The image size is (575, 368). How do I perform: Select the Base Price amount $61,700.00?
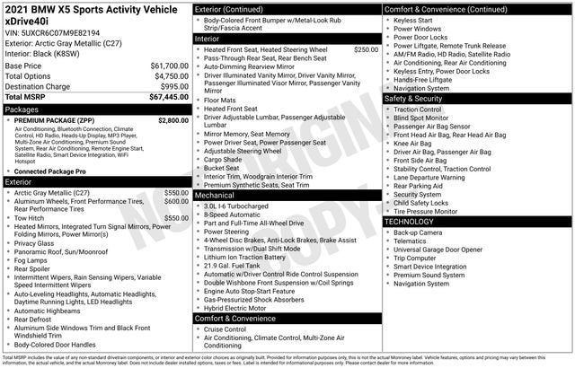tap(169, 66)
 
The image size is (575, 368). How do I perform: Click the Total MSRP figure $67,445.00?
tap(169, 97)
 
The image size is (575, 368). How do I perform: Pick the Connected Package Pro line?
tap(50, 171)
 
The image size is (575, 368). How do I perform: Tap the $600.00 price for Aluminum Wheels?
tap(176, 202)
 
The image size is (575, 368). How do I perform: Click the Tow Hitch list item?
tap(30, 218)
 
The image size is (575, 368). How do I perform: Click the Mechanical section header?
tap(215, 194)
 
